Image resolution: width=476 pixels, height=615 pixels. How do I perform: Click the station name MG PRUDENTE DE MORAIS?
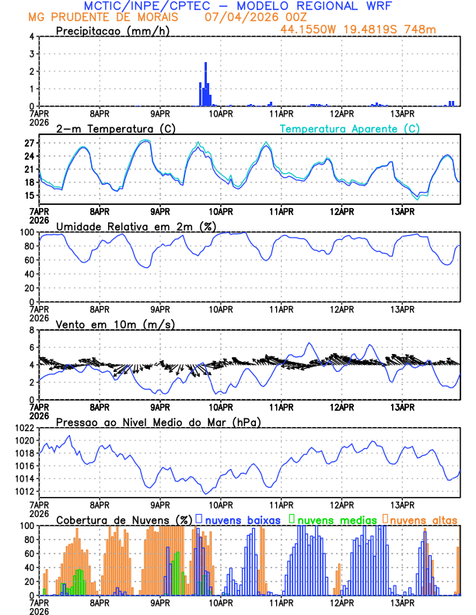[101, 18]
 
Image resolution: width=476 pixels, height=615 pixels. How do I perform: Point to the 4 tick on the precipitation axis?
[31, 36]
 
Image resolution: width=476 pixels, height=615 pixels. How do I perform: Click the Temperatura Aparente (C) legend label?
[350, 128]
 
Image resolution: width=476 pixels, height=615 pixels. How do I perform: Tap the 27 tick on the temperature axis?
[29, 144]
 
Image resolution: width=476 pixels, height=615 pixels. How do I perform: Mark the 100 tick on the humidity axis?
[26, 232]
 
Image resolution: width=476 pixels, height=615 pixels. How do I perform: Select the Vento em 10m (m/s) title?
[115, 324]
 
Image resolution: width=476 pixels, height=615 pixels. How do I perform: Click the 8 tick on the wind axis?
[31, 330]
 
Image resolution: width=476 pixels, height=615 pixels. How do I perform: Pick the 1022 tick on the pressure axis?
[23, 428]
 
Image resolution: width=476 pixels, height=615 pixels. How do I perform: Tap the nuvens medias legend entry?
[331, 519]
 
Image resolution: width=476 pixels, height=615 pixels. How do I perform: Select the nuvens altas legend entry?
[421, 519]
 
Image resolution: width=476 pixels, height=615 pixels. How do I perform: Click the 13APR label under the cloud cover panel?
[402, 603]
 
